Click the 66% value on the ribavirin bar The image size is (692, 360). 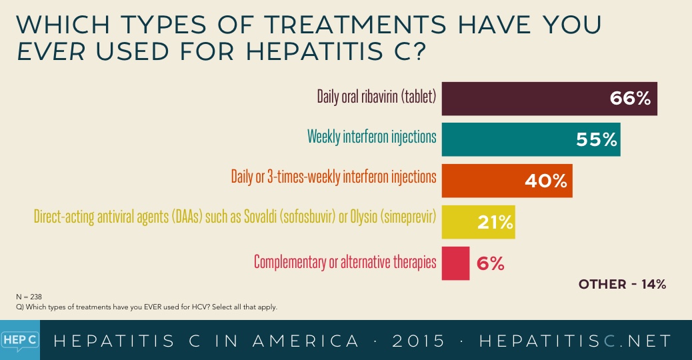pos(629,99)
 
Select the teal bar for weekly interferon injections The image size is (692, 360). pos(507,139)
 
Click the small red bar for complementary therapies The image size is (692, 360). pos(455,263)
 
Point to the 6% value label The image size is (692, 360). pos(490,263)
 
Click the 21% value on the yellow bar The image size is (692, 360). pos(494,222)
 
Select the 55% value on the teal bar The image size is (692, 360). pos(597,140)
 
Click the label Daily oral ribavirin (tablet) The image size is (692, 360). pos(376,97)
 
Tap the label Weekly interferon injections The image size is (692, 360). pos(371,137)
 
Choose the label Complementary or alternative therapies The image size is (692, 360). pos(345,261)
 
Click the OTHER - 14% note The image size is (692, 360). pos(622,285)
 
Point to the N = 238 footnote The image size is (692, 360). pos(29,295)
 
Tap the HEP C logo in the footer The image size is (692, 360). pos(19,340)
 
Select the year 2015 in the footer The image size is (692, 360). pos(419,341)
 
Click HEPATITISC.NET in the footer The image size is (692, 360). pos(575,341)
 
